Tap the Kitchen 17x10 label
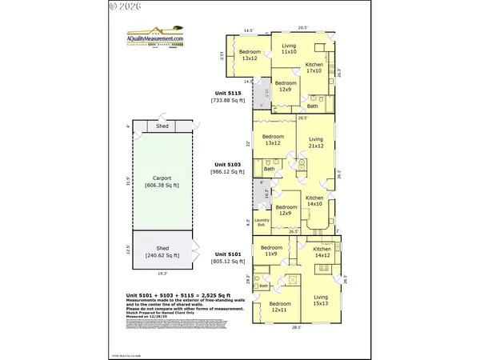[314, 67]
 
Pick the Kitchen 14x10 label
[314, 201]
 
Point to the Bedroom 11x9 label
[271, 250]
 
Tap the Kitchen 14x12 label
[322, 252]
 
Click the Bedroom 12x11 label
[279, 307]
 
